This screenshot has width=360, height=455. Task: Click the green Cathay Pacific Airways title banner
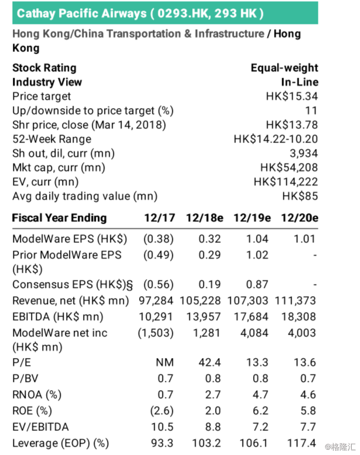[x=165, y=12]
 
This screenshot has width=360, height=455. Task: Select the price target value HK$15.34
[x=292, y=96]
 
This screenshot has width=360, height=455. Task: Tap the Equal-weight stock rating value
[x=284, y=68]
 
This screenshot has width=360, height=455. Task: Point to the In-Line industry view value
[x=299, y=82]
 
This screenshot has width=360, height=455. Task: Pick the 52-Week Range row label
[x=51, y=139]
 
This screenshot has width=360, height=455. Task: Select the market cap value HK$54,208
[x=289, y=168]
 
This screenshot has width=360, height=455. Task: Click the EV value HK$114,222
[x=286, y=182]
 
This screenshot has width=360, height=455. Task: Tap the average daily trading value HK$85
[x=300, y=196]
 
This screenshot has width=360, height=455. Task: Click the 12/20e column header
[x=299, y=218]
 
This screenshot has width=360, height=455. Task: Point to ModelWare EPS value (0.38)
[x=160, y=239]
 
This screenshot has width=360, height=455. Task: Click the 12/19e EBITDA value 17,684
[x=252, y=317]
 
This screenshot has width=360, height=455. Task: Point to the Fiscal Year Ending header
[x=60, y=218]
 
